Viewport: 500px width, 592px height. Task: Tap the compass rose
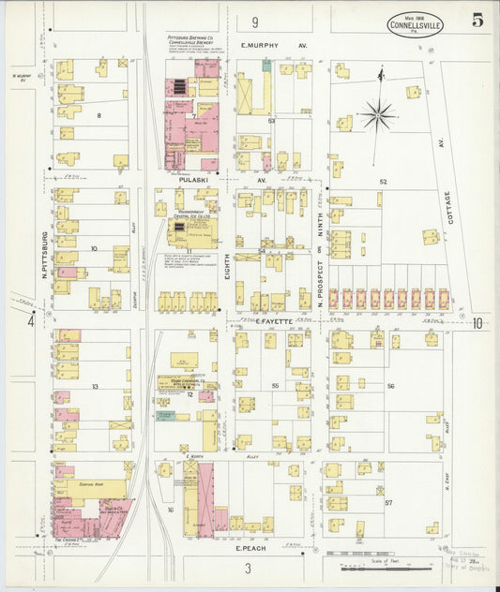coord(378,113)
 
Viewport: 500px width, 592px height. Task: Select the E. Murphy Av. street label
coord(274,45)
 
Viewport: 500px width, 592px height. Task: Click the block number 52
coord(383,181)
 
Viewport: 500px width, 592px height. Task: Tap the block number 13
coord(95,386)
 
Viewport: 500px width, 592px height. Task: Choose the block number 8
coord(98,115)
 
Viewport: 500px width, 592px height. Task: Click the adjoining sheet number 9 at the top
coord(253,22)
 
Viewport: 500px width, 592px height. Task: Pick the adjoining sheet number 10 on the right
coord(477,323)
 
